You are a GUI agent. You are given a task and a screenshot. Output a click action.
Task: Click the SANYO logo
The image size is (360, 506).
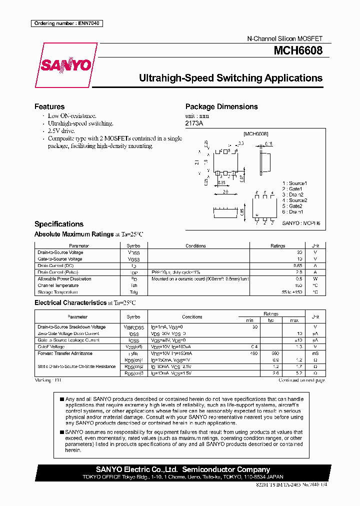click(x=66, y=65)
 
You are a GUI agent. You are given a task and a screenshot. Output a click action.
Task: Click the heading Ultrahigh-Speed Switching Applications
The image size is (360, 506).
click(x=230, y=78)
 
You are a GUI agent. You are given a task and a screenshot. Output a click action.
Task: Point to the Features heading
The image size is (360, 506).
click(x=49, y=106)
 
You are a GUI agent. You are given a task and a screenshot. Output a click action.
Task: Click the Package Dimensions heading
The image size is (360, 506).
click(x=221, y=106)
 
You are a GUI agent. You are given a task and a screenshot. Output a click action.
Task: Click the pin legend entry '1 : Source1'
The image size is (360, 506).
click(x=294, y=183)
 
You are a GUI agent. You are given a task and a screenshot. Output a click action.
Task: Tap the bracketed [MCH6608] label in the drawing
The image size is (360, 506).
click(x=255, y=134)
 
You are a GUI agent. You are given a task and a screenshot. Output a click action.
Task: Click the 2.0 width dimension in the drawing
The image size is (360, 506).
click(x=225, y=191)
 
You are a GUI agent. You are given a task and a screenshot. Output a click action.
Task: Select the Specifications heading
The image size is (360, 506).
click(x=58, y=224)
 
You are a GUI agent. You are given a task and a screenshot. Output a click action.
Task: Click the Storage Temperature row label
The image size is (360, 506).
click(x=57, y=292)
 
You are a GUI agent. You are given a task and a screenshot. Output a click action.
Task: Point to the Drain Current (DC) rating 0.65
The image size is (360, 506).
click(x=298, y=265)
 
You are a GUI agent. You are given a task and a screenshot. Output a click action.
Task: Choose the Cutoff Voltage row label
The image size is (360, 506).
click(x=50, y=346)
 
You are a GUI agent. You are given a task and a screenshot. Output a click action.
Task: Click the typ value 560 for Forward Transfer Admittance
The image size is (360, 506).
click(x=275, y=353)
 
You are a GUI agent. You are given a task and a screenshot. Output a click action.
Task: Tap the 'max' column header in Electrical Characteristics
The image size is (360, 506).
click(x=294, y=320)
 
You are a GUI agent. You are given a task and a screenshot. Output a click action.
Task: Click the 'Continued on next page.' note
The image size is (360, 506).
click(x=301, y=380)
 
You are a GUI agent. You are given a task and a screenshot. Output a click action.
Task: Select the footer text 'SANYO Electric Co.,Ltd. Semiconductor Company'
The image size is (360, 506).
click(x=182, y=469)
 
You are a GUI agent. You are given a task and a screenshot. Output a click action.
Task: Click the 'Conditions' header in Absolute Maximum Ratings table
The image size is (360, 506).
click(x=195, y=246)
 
